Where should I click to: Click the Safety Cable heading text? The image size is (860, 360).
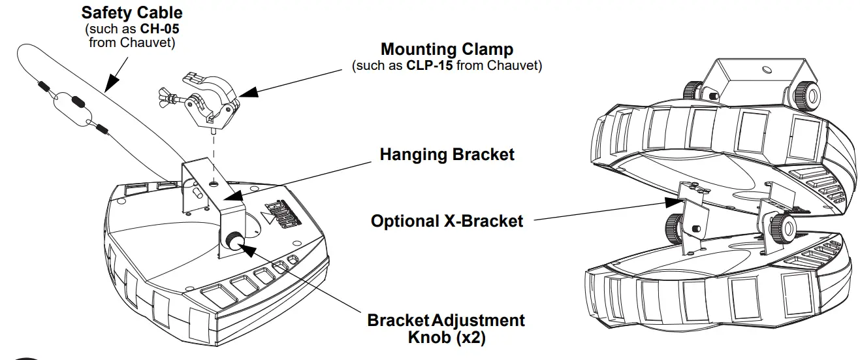[x=131, y=12]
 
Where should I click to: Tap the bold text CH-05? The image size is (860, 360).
[x=159, y=30]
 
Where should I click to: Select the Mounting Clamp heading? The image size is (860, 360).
[x=447, y=50]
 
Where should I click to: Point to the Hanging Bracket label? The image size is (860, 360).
[x=447, y=155]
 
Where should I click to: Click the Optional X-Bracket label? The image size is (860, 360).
[x=447, y=221]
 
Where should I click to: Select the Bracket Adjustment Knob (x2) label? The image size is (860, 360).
[x=445, y=329]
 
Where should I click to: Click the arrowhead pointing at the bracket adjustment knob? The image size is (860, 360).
[x=247, y=248]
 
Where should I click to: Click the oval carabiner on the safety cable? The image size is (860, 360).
[x=71, y=108]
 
